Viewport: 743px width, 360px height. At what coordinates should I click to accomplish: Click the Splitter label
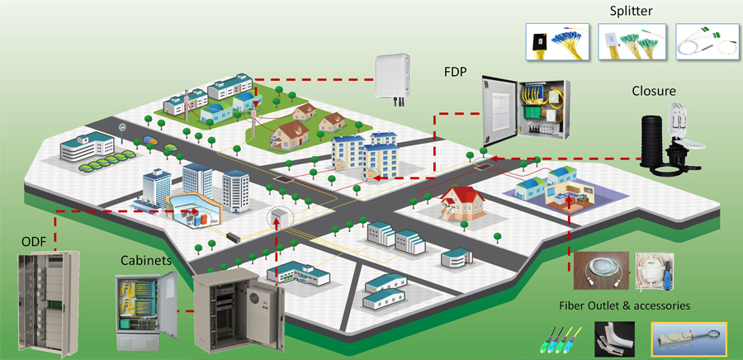[x=632, y=11]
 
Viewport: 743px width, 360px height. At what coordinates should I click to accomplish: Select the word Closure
[x=654, y=91]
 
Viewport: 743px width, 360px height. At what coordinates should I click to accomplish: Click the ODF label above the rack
[x=34, y=242]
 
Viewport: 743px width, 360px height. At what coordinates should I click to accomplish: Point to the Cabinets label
[x=146, y=260]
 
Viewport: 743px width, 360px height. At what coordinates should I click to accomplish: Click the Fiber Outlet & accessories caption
[x=625, y=306]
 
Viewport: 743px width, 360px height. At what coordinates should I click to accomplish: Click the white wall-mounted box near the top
[x=393, y=76]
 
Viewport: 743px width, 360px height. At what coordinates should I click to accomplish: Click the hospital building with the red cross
[x=88, y=146]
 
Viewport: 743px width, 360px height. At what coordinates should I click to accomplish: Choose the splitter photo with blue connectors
[x=558, y=41]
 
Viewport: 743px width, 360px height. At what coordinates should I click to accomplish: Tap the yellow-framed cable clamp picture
[x=689, y=339]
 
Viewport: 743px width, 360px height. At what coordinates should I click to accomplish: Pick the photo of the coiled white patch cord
[x=601, y=271]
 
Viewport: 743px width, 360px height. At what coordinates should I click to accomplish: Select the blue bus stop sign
[x=123, y=127]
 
